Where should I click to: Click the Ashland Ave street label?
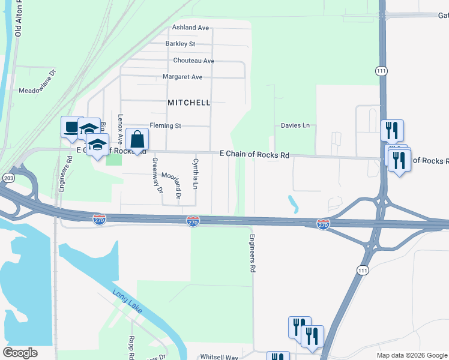pos(190,28)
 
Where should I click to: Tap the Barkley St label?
pos(180,44)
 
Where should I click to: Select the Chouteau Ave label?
pos(193,61)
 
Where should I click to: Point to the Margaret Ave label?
pos(182,77)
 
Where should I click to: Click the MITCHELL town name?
pos(189,103)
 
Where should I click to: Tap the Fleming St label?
pos(165,126)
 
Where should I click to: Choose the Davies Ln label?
pos(295,125)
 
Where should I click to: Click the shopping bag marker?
pos(137,140)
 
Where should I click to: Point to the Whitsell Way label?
pos(219,356)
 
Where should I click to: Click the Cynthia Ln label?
pos(195,174)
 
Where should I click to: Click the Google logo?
pos(20,353)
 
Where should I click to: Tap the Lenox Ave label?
pos(121,130)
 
